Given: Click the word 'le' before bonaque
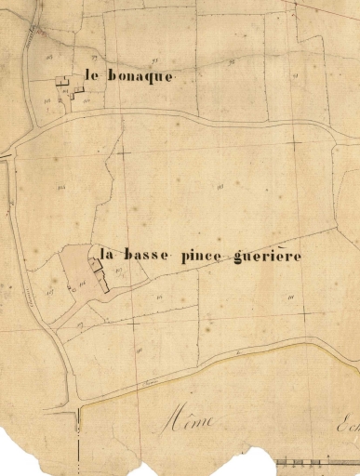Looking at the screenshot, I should [x=91, y=76].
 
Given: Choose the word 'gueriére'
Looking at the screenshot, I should [x=268, y=256].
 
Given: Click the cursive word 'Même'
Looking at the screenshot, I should [x=189, y=421].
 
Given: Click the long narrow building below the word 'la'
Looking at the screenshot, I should [x=106, y=276].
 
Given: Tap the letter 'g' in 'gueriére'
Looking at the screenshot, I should [x=240, y=258].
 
